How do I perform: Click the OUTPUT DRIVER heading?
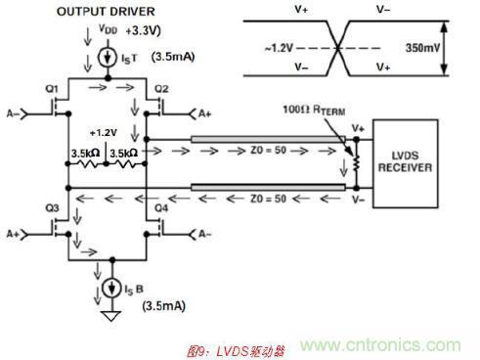[106, 12]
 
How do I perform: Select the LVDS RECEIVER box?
[405, 163]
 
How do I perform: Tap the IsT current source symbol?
[108, 58]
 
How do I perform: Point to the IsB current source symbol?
[112, 288]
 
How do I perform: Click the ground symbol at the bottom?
[111, 316]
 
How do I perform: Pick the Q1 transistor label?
[52, 89]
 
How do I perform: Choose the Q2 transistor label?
[161, 89]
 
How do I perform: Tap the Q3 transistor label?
[52, 208]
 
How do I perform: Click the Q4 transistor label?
[161, 208]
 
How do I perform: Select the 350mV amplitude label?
[422, 48]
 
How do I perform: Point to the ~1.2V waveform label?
[279, 48]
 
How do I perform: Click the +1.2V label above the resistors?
[104, 133]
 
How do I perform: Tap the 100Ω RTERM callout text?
[314, 110]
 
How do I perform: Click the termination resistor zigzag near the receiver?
[357, 163]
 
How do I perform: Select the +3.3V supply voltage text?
[144, 30]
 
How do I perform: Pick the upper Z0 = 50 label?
[268, 151]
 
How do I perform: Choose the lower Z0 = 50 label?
[268, 199]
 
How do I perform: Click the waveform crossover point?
[338, 49]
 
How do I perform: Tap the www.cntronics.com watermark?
[380, 345]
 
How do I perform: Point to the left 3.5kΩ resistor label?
[85, 154]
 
